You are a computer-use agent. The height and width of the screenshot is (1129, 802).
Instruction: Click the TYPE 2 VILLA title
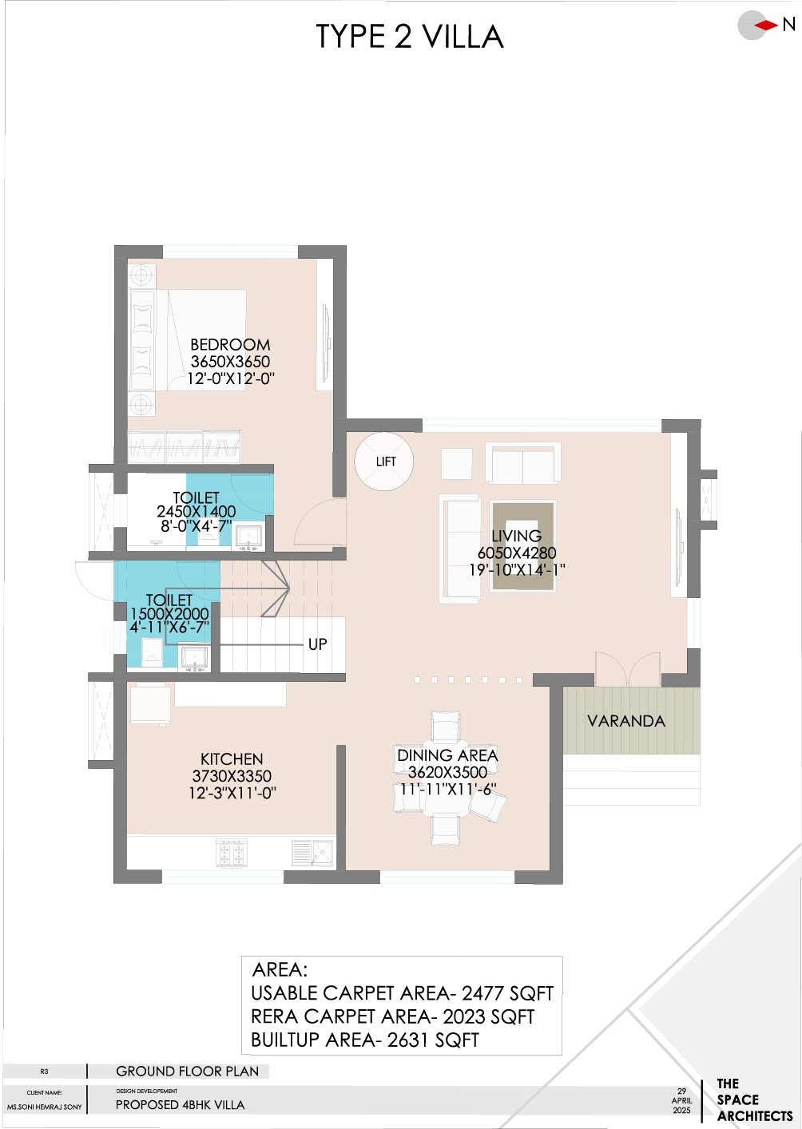coord(409,38)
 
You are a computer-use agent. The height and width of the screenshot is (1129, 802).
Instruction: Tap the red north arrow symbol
coord(766,26)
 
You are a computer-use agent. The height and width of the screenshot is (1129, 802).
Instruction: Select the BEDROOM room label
coord(230,344)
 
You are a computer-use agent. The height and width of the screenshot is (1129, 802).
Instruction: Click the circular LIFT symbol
coord(384,461)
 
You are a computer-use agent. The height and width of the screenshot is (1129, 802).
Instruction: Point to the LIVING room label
coord(516,536)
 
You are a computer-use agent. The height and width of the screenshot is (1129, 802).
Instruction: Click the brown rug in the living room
coord(523,546)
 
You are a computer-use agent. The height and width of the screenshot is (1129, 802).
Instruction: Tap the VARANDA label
coord(625,721)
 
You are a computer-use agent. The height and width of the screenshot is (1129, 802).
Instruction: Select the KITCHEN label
coord(232,759)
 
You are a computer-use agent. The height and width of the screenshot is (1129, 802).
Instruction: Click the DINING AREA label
coord(447,755)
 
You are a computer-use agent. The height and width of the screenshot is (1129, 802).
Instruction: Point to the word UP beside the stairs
coord(317,644)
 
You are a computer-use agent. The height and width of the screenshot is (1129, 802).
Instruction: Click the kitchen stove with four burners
coord(232,854)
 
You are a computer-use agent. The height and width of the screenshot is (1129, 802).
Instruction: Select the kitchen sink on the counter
coord(312,854)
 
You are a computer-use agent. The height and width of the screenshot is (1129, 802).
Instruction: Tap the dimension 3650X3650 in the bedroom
coord(230,362)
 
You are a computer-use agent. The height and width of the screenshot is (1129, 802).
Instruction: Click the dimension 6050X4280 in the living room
coord(517,553)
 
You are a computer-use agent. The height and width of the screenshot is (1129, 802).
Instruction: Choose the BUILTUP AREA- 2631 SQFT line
coord(365,1040)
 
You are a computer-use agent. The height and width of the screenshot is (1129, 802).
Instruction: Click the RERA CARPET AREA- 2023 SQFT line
coord(392,1016)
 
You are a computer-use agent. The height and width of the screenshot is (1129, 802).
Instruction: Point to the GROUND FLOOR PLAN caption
coord(187,1072)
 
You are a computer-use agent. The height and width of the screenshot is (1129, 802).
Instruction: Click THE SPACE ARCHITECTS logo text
coord(753,1100)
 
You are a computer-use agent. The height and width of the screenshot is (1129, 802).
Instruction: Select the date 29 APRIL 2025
coord(681,1100)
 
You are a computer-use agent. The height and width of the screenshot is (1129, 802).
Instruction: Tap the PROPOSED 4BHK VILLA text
coord(181,1105)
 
